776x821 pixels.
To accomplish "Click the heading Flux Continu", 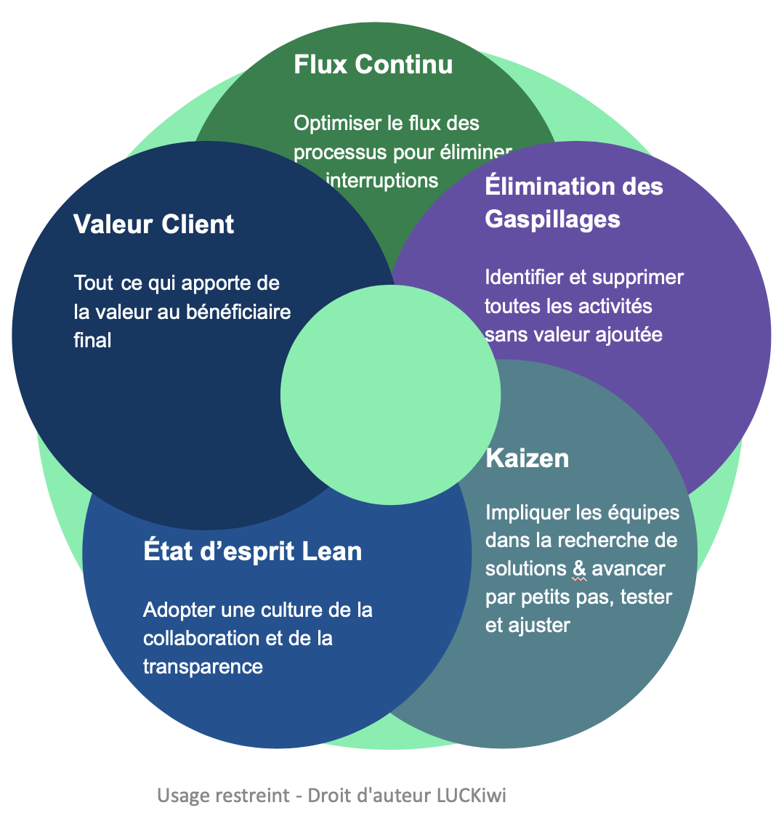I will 373,65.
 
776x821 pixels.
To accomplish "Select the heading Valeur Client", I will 154,225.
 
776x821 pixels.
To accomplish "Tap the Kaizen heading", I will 527,458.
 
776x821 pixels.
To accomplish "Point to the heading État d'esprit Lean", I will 253,551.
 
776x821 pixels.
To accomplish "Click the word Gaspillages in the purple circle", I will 552,219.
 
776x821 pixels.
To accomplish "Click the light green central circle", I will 390,394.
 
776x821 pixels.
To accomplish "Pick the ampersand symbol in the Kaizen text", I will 579,569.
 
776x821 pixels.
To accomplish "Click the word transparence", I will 203,666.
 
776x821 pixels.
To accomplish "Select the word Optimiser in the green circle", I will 338,124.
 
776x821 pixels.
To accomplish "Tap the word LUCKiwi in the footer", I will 471,796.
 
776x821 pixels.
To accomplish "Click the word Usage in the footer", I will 182,796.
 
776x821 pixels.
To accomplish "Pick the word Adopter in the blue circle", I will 174,610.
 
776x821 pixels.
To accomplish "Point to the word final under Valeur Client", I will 92,340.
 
